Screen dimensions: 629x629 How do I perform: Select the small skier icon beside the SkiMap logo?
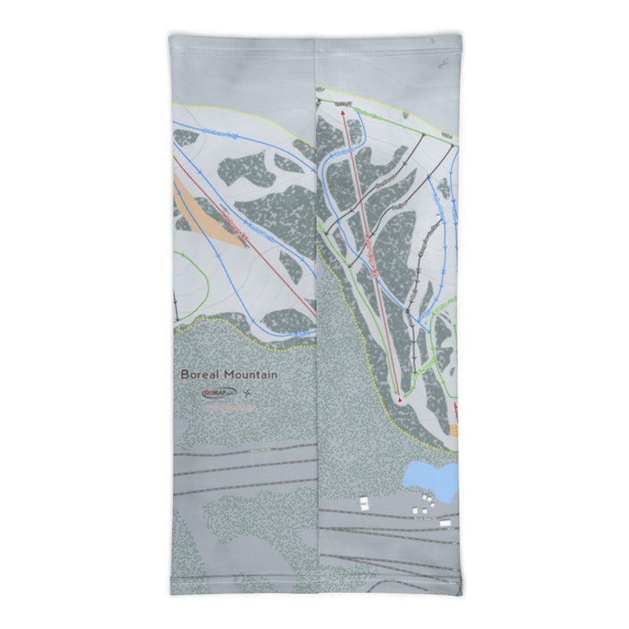(247, 392)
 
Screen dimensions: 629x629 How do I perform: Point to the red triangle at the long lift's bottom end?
(400, 400)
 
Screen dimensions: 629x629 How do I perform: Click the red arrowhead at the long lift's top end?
(344, 113)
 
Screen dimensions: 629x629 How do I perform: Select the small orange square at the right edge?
(454, 430)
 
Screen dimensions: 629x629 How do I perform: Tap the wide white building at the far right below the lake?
(445, 523)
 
